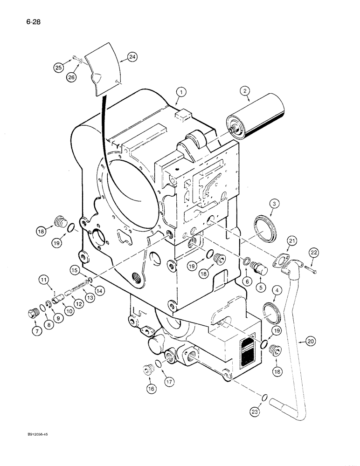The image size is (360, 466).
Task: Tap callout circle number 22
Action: tap(313, 252)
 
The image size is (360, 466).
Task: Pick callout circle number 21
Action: tap(292, 240)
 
